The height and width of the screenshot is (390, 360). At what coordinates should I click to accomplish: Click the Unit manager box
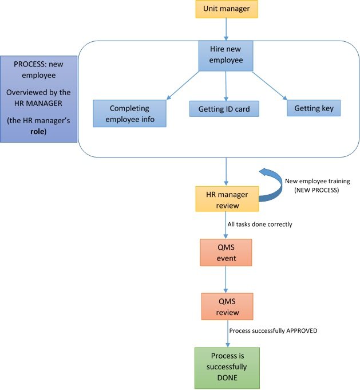tap(227, 9)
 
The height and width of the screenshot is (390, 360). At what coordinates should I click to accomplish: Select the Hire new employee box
tap(227, 56)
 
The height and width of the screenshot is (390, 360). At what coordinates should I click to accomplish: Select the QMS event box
tap(227, 252)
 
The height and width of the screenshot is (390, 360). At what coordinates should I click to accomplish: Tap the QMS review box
tap(227, 306)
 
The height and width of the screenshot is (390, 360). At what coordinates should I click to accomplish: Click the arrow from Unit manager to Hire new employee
tap(227, 29)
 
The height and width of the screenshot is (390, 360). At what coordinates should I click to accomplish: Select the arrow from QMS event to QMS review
tap(227, 280)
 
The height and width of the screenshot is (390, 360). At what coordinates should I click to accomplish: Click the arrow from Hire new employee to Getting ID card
tap(227, 86)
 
